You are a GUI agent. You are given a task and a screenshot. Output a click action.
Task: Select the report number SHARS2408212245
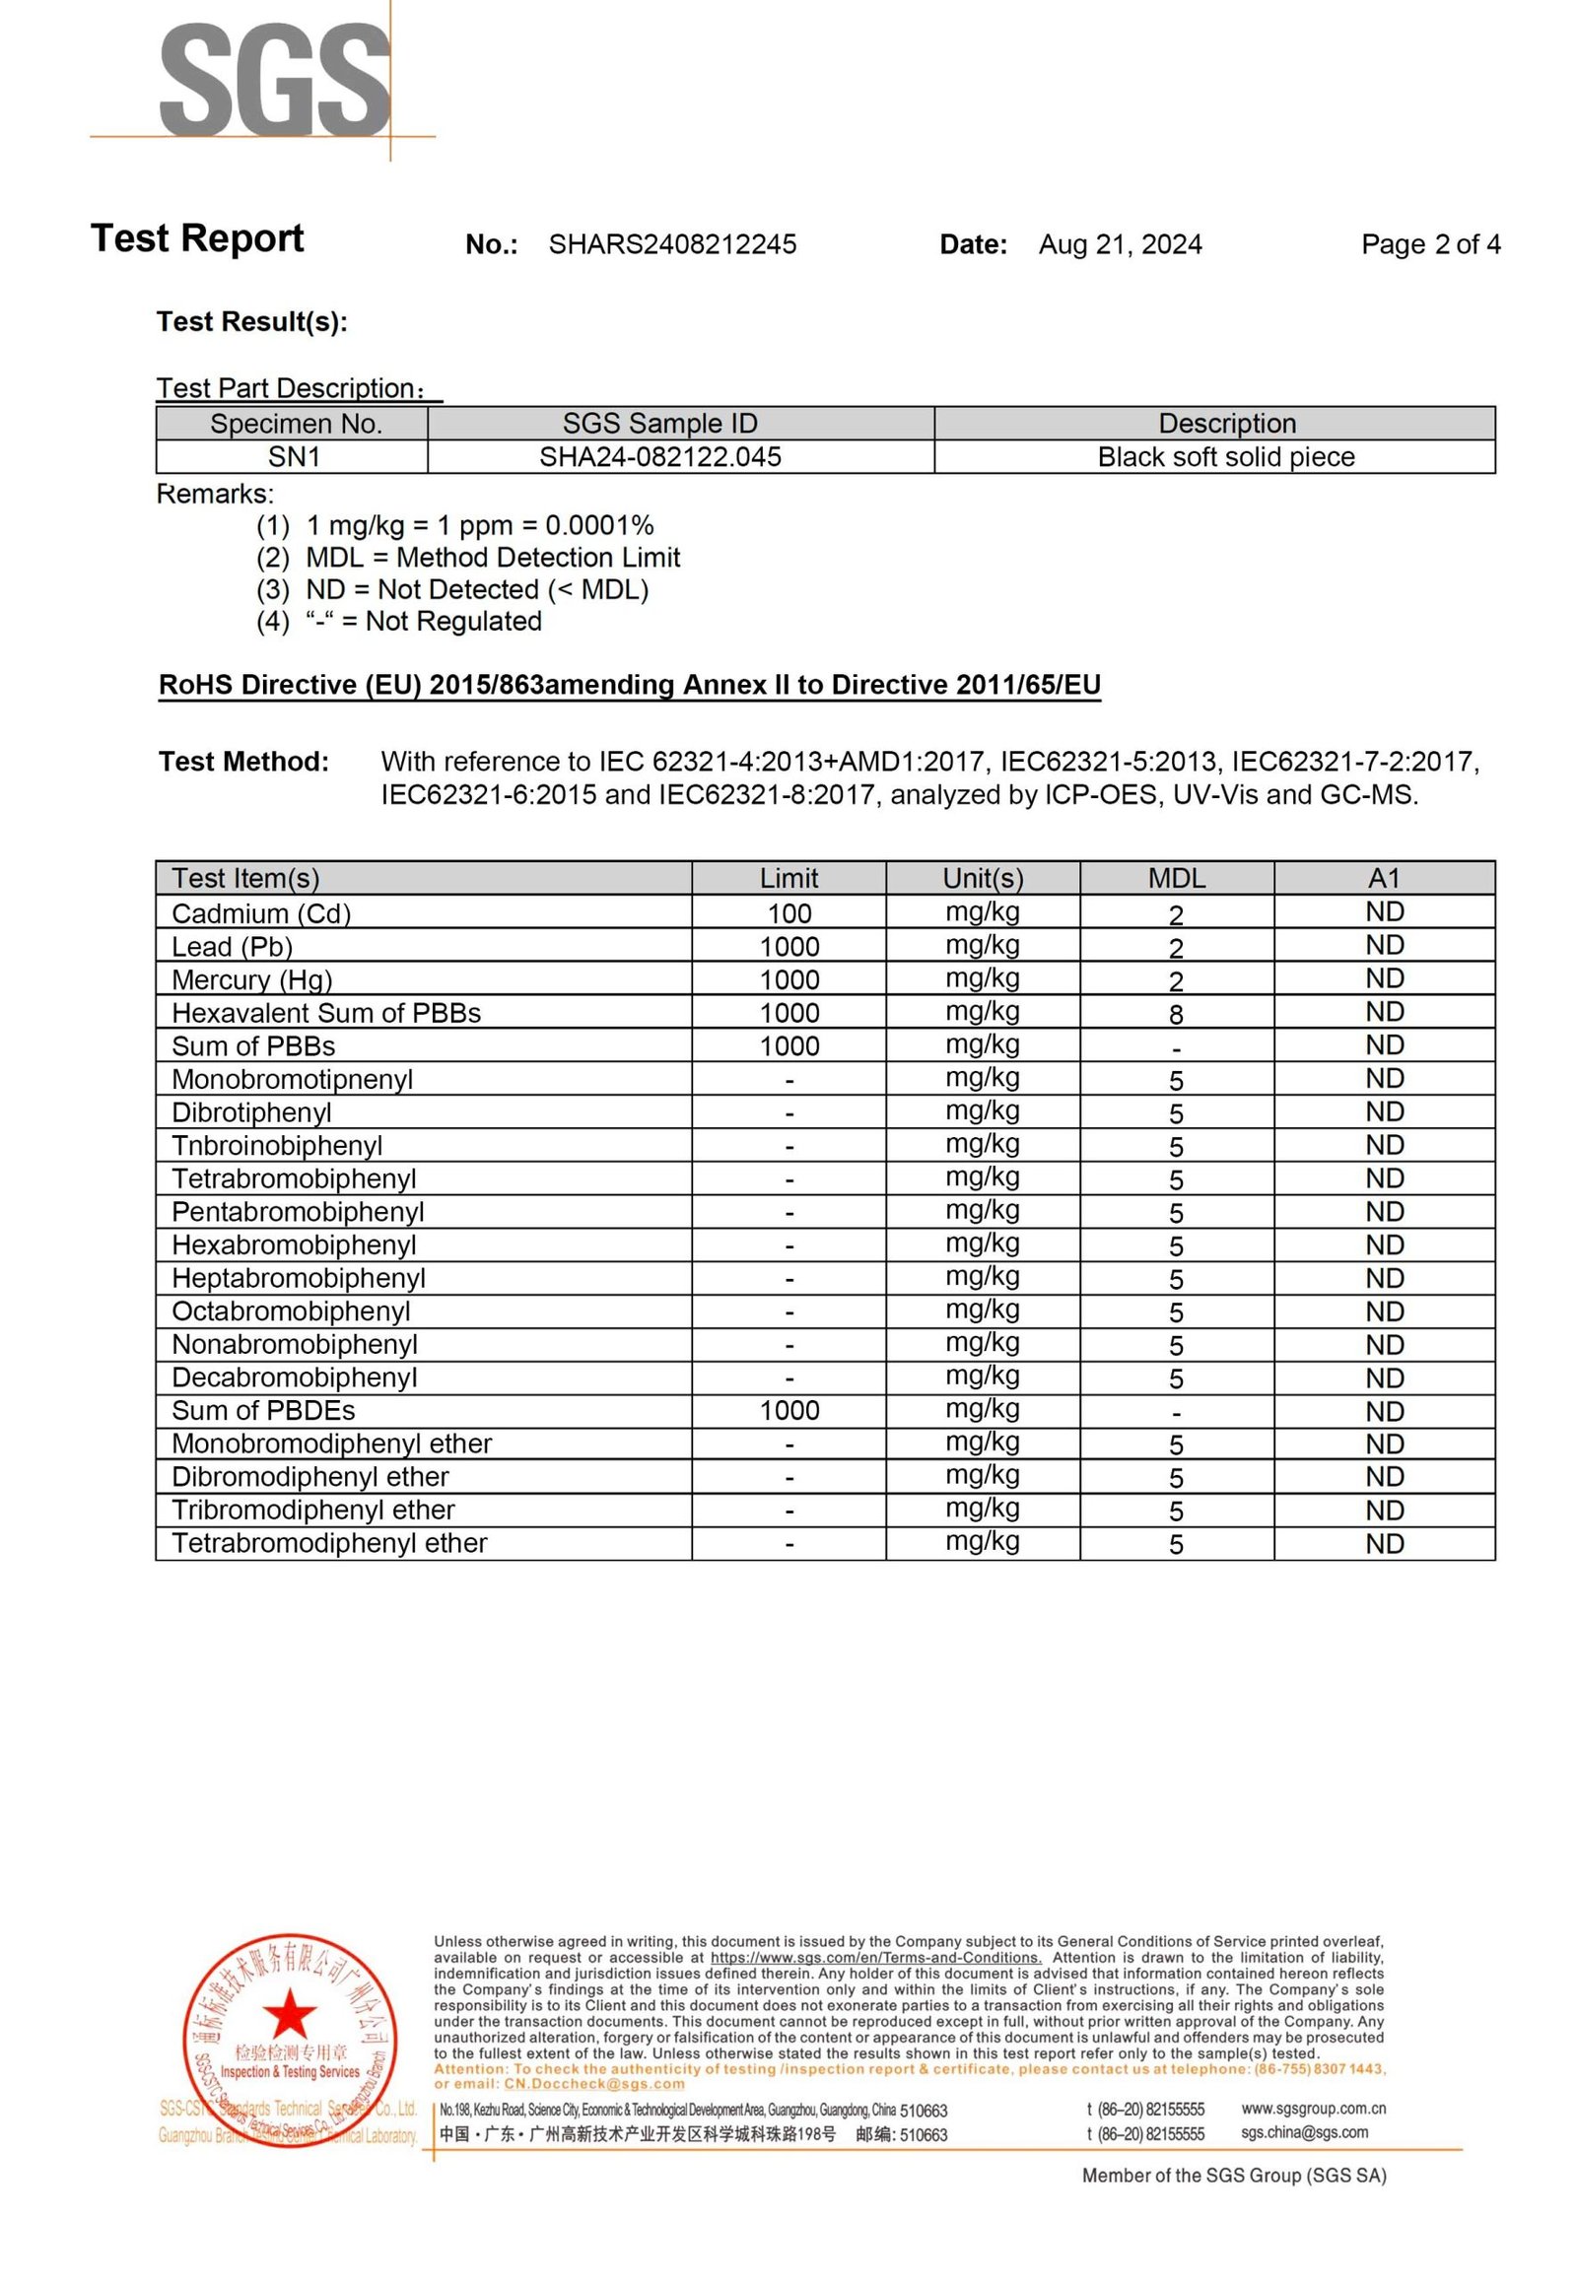(672, 245)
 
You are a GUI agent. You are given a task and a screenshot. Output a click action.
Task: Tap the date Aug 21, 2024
(1120, 245)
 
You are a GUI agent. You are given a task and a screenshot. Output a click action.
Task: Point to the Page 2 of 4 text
(1430, 244)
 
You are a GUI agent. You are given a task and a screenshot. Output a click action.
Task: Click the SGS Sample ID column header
(660, 424)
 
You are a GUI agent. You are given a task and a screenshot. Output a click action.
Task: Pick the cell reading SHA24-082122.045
(660, 457)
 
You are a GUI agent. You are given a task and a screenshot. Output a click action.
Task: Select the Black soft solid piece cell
(1225, 457)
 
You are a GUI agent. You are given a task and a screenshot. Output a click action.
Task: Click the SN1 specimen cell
(294, 457)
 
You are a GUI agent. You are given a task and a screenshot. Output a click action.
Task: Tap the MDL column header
(1176, 878)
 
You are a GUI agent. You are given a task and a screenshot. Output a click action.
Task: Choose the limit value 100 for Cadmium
(788, 913)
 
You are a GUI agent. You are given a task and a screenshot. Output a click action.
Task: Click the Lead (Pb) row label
(233, 947)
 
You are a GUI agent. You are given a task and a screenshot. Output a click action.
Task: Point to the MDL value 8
(1176, 1015)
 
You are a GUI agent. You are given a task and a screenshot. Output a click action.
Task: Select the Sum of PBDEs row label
(263, 1411)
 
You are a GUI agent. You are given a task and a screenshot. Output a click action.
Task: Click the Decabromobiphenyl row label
(295, 1378)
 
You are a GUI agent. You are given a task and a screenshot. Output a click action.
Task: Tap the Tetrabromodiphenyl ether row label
(329, 1543)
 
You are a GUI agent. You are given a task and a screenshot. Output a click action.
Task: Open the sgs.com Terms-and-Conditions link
(875, 1958)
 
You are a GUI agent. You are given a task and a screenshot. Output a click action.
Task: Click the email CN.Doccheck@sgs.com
(594, 2083)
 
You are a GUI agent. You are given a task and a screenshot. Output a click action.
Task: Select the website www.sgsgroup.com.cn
(1313, 2109)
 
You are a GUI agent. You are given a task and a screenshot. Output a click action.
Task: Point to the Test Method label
(243, 762)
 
